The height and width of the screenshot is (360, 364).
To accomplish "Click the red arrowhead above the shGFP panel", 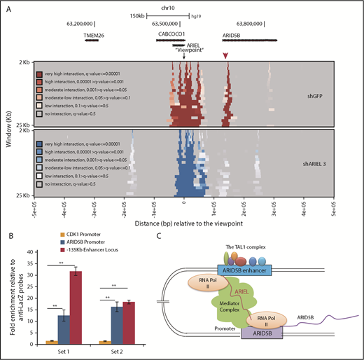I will pyautogui.click(x=225, y=55).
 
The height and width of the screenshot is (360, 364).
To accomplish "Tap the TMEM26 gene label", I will pyautogui.click(x=93, y=34).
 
